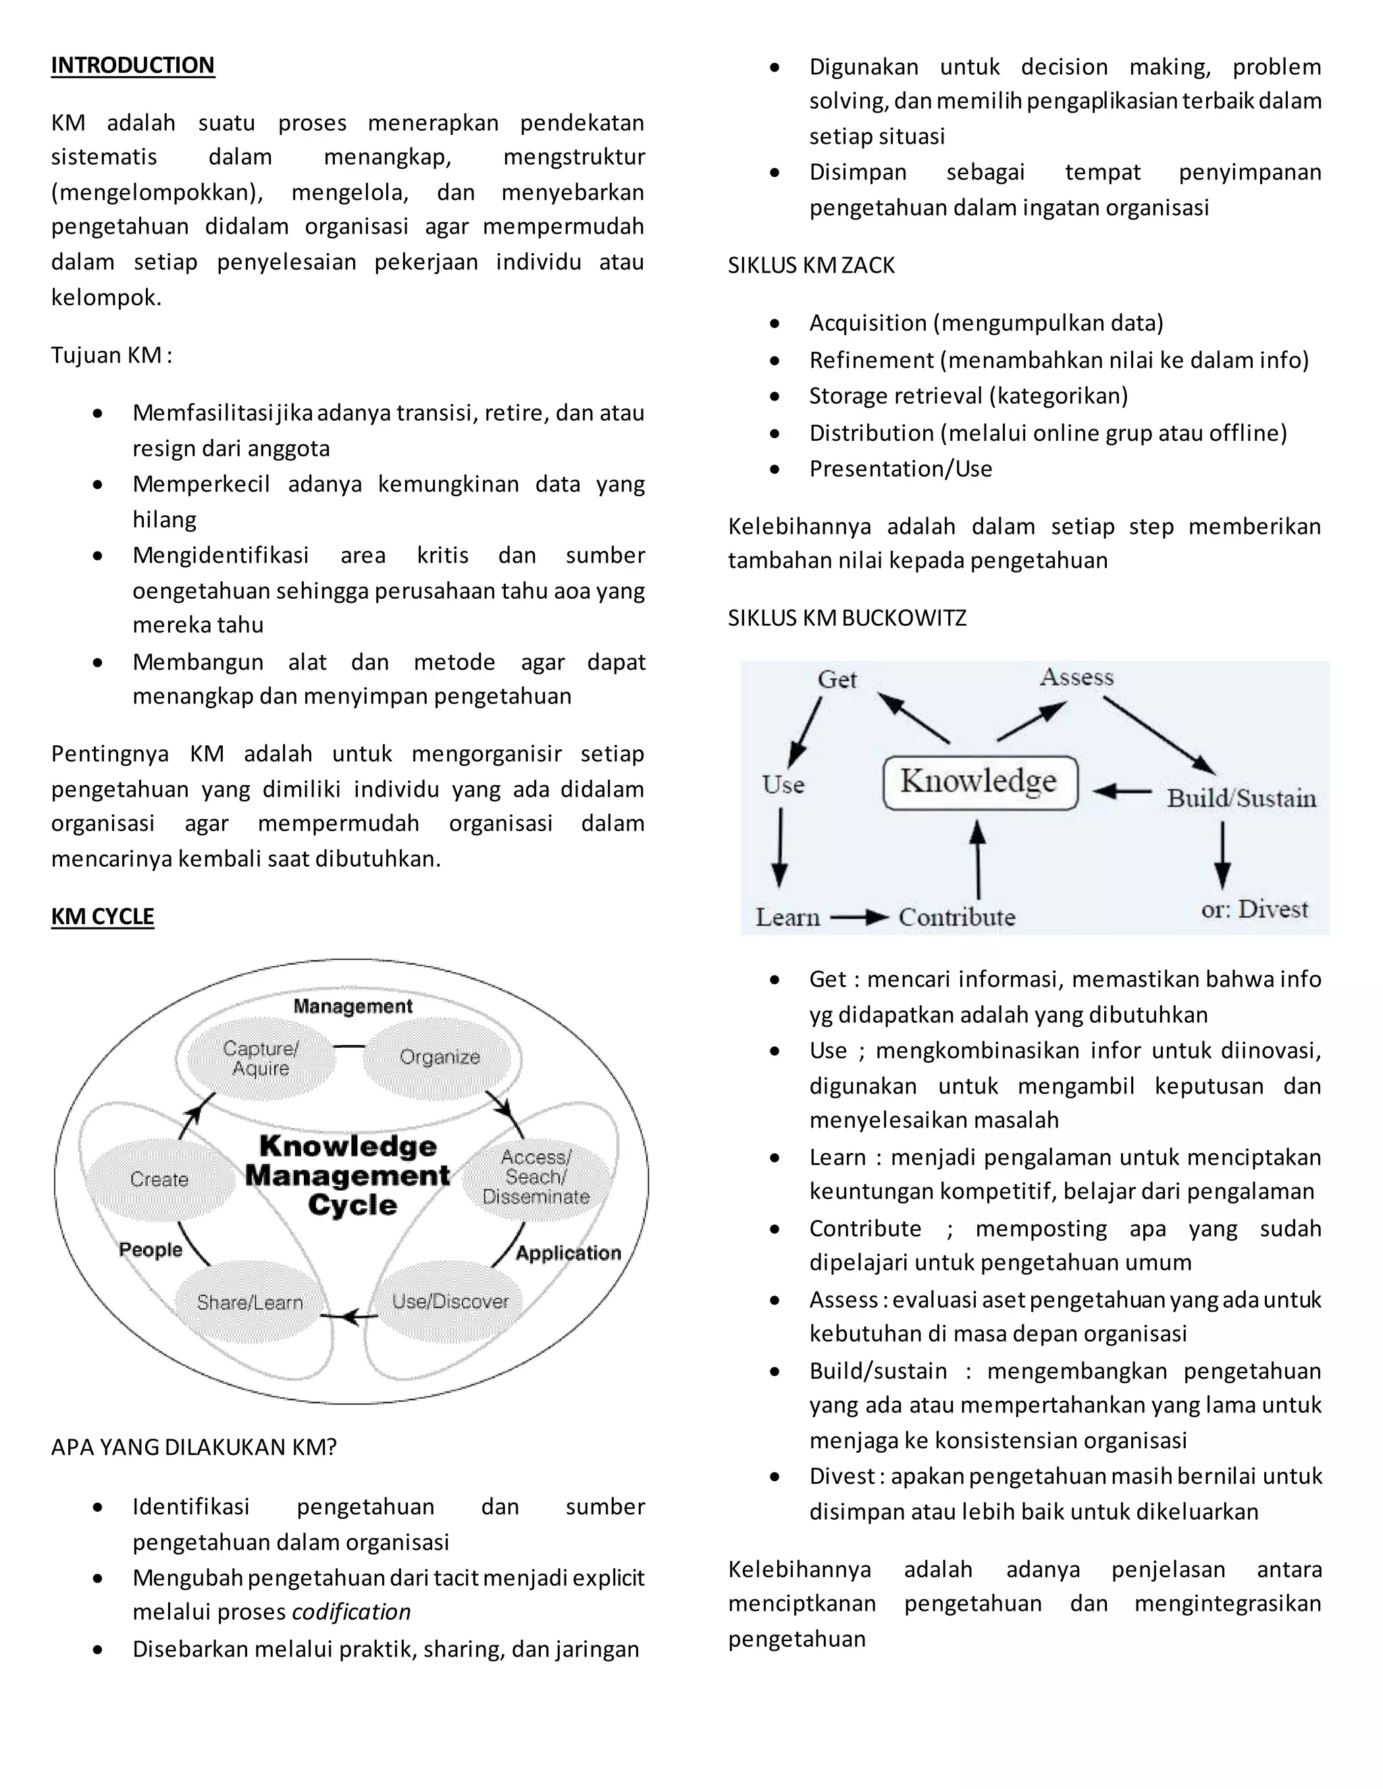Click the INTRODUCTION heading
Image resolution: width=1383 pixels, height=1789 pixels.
133,65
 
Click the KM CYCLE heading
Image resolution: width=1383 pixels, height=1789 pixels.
103,917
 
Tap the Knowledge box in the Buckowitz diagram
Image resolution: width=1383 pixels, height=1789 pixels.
980,782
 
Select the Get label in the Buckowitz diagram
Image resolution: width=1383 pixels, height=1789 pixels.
837,680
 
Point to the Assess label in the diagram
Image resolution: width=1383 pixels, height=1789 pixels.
1076,677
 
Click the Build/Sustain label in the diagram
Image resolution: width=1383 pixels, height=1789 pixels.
1241,799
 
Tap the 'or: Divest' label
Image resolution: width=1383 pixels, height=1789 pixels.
1255,909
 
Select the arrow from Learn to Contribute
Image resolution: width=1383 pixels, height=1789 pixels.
859,917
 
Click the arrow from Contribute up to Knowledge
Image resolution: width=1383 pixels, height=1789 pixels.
977,860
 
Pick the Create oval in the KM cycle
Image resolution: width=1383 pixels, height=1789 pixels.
160,1179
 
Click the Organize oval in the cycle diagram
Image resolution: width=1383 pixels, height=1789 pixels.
439,1057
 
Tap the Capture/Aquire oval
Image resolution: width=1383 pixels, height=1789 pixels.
261,1059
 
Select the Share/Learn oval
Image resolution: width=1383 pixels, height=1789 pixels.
250,1302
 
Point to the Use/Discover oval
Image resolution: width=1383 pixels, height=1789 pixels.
450,1302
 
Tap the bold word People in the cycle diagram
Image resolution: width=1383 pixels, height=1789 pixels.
151,1250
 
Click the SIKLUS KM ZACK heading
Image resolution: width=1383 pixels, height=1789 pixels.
811,265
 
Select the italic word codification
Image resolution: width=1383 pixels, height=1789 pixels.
350,1612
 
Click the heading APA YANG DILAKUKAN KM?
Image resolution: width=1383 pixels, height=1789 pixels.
193,1447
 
